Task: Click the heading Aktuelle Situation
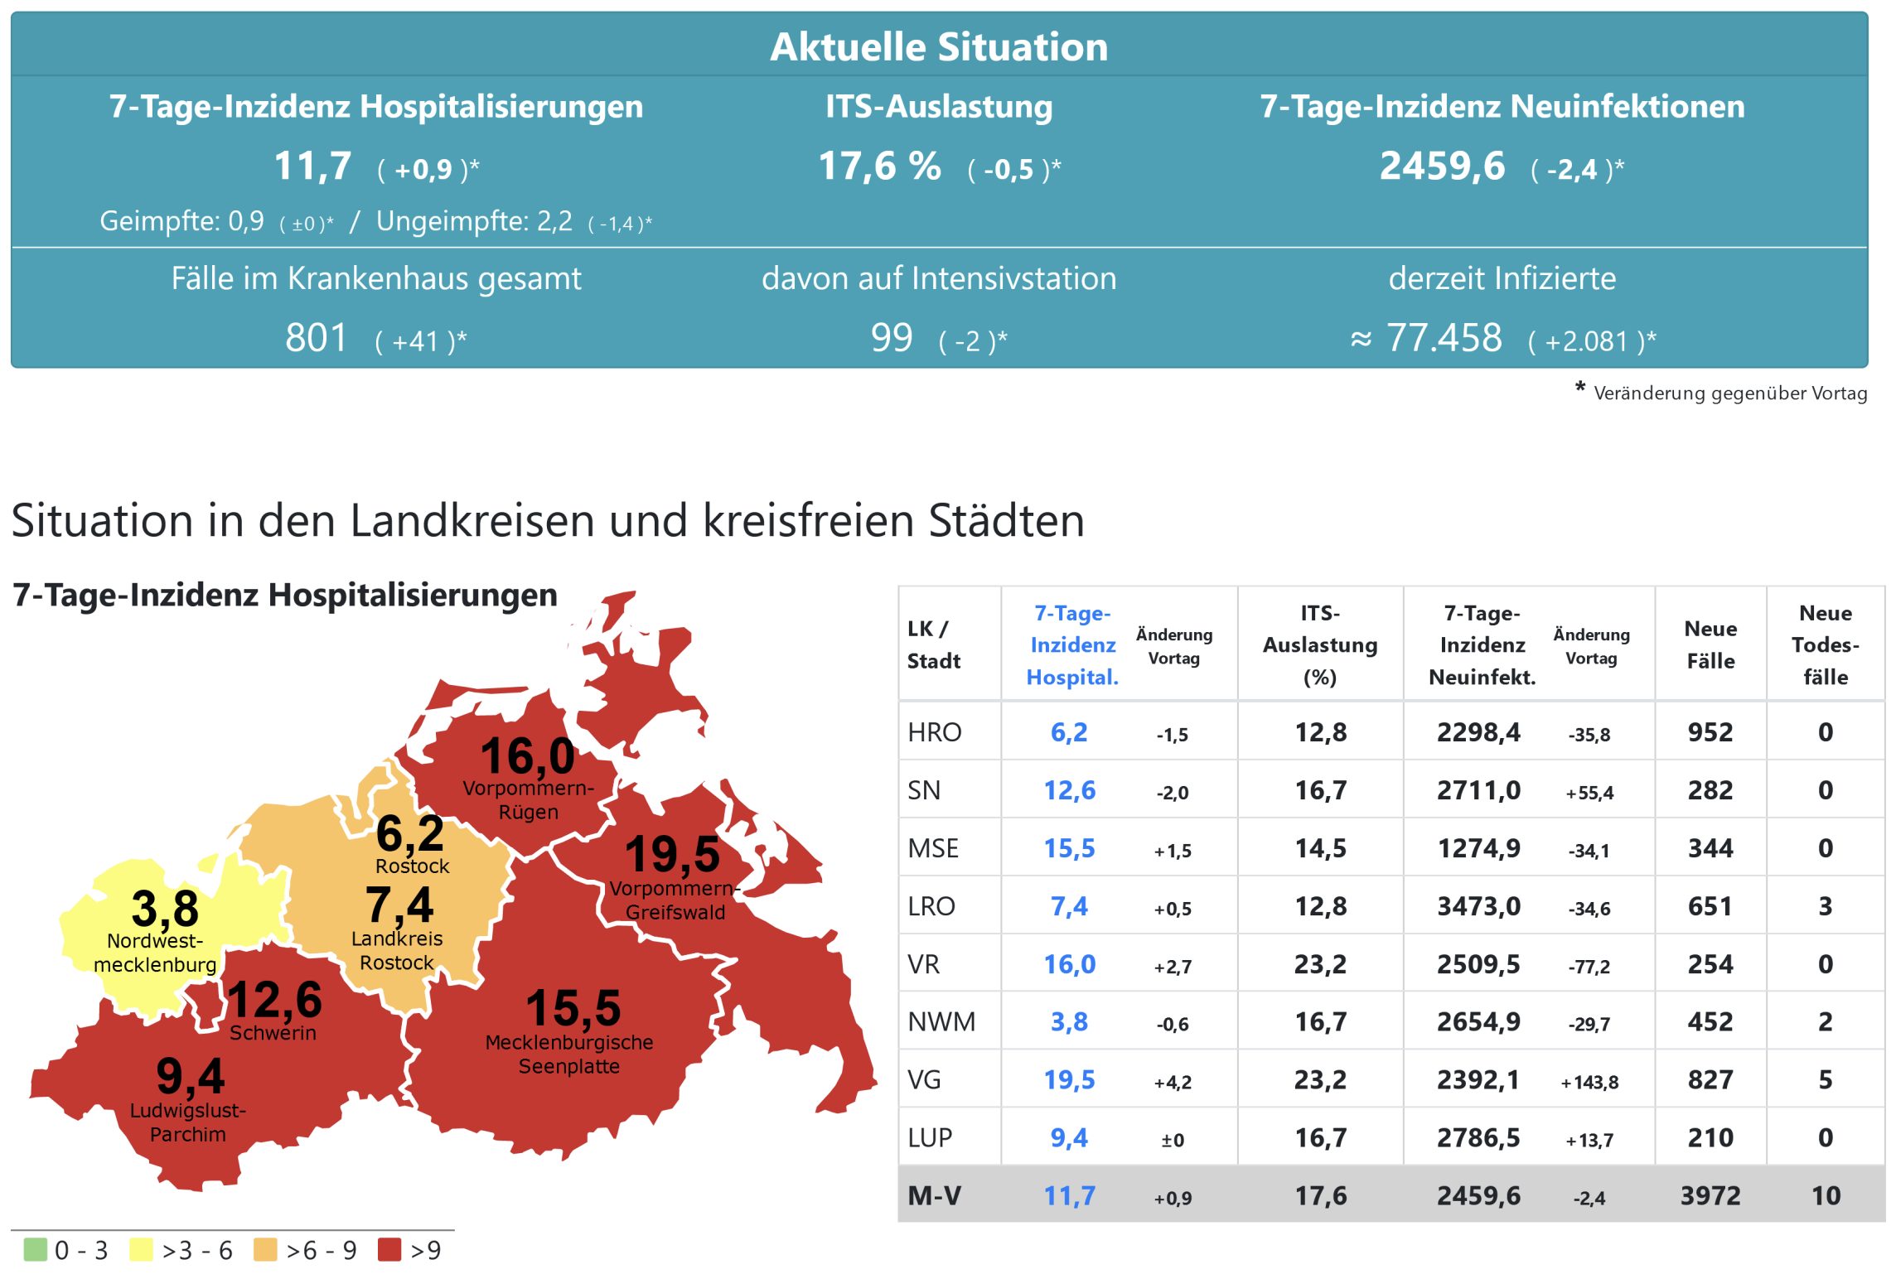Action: (x=939, y=46)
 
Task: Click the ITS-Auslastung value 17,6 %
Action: (x=879, y=166)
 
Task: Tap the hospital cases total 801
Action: (x=316, y=338)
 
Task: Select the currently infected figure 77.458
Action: (x=1444, y=338)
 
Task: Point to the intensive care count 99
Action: (x=892, y=338)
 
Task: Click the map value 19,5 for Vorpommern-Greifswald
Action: (x=672, y=854)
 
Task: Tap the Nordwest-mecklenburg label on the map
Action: (x=155, y=953)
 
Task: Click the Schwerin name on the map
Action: (x=273, y=1033)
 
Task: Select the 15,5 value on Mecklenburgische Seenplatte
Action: (x=573, y=1008)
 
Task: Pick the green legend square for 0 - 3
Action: (x=36, y=1249)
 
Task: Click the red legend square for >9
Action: (x=389, y=1249)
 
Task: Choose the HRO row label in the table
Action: (x=935, y=732)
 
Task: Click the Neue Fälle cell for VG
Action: (x=1710, y=1079)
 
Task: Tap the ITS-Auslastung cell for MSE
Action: (x=1321, y=848)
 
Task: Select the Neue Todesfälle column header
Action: (x=1825, y=644)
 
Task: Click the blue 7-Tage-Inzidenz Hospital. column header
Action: (x=1072, y=644)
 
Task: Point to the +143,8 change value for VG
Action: (x=1589, y=1082)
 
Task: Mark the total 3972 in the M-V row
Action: (x=1710, y=1195)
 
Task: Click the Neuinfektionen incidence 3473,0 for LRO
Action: (x=1478, y=906)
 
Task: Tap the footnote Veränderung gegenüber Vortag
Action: (x=1729, y=393)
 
